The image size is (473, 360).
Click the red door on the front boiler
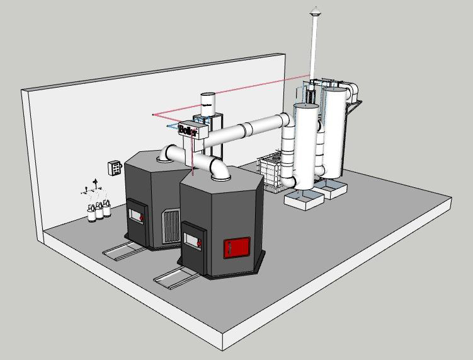[x=237, y=247]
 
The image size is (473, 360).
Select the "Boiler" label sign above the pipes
[x=188, y=131]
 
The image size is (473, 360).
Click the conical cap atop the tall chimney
[x=314, y=10]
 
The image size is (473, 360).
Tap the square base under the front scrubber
[x=304, y=200]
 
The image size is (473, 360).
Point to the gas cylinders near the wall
[x=98, y=210]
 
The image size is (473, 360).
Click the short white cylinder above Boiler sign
[x=208, y=103]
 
